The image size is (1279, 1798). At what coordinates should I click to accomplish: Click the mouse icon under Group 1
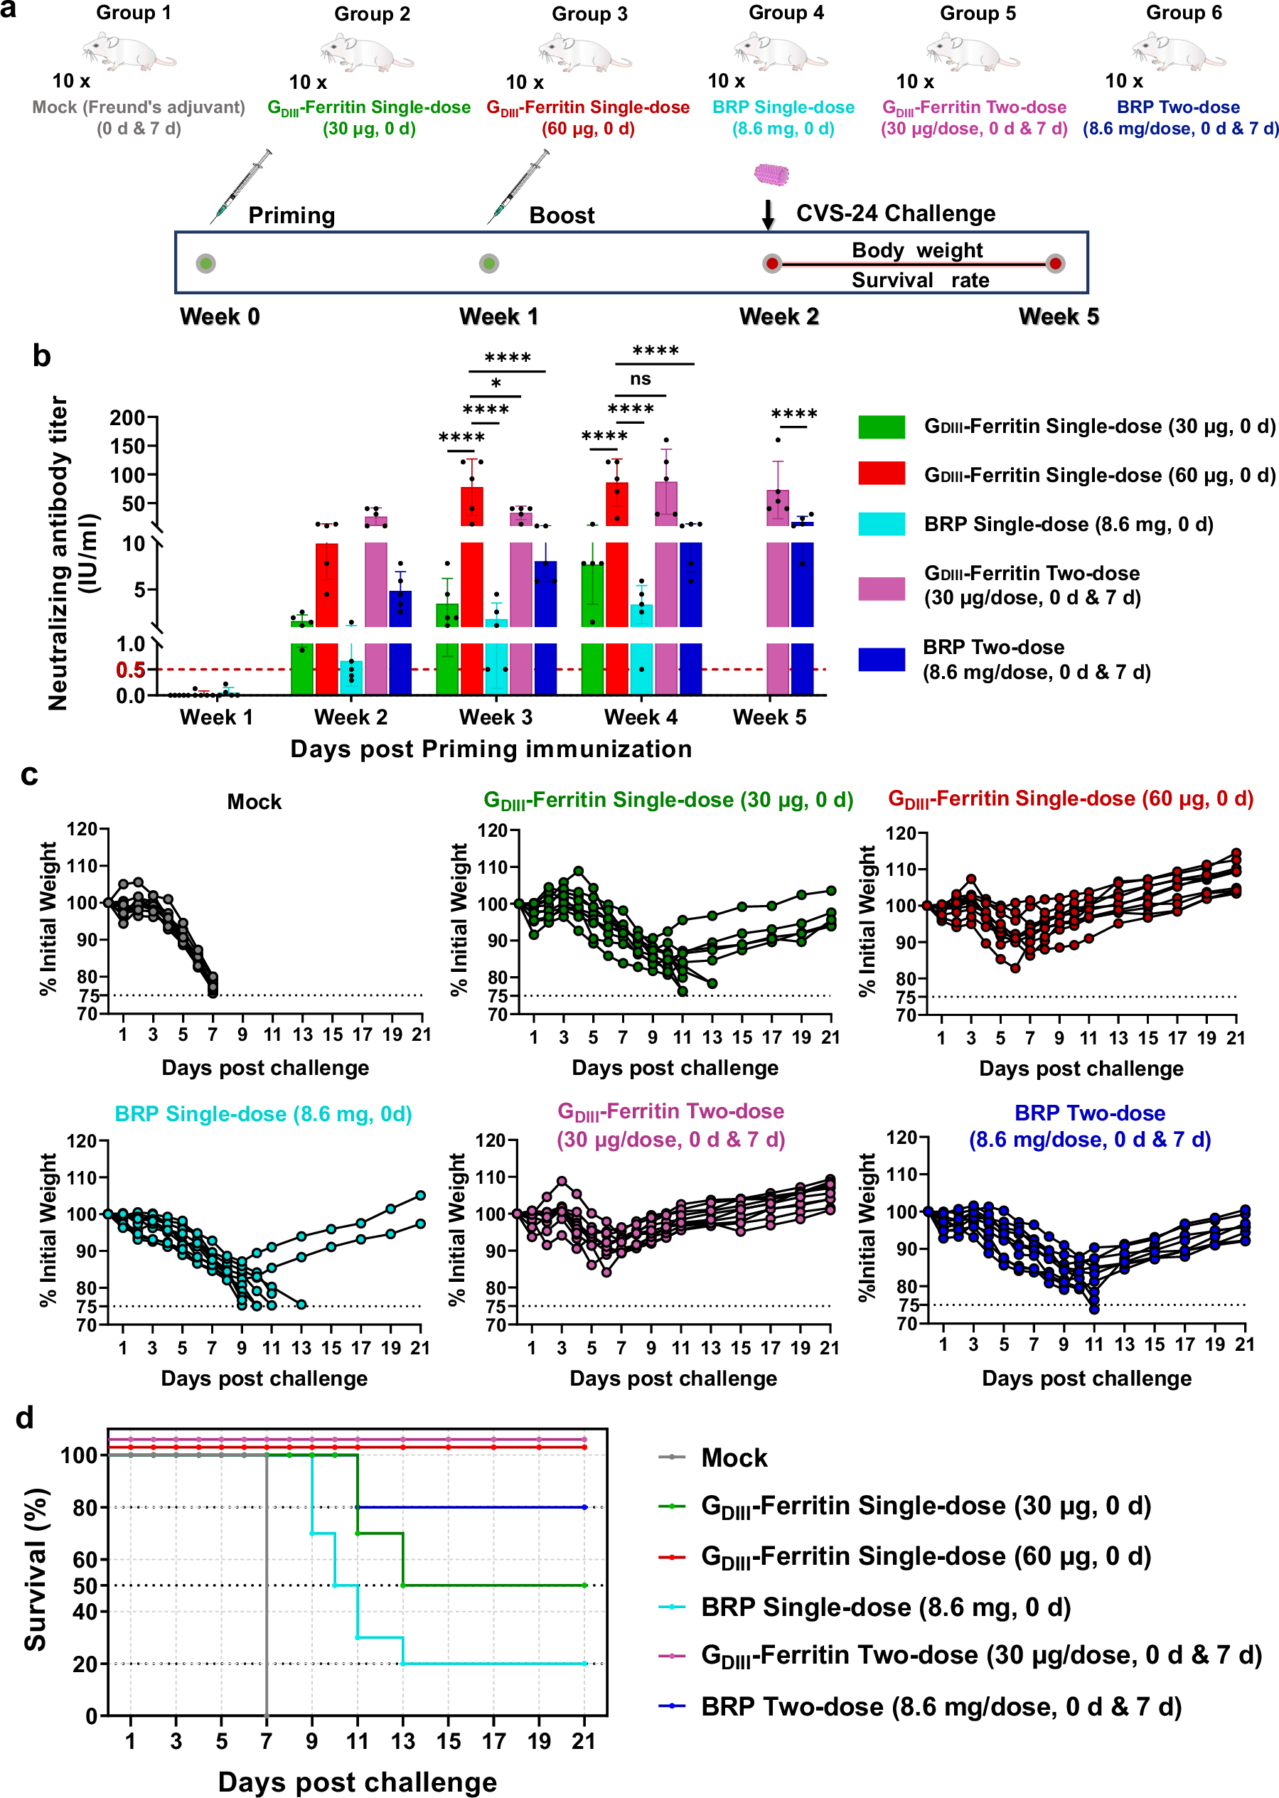point(129,51)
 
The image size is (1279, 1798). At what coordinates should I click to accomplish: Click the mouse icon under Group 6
point(1179,51)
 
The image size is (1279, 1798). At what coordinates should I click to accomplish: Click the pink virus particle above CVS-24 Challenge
point(771,174)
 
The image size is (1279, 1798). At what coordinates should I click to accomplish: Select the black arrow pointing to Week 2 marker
point(768,214)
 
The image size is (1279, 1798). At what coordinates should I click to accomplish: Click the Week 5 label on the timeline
point(1058,316)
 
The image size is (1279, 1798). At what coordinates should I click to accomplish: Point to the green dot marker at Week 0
point(205,264)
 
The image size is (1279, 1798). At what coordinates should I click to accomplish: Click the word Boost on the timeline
point(562,216)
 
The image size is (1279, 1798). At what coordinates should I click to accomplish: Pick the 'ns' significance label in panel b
point(641,379)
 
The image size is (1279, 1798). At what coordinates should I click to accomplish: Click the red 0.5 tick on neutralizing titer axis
point(130,670)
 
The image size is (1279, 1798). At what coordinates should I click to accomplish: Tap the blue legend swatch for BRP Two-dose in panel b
point(882,659)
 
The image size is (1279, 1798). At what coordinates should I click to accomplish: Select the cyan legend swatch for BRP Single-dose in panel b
point(882,524)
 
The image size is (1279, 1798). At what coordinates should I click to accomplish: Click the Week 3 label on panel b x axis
point(496,717)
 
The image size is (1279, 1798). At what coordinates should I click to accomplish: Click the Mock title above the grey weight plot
point(254,802)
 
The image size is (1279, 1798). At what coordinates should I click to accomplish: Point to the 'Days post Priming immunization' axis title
point(491,749)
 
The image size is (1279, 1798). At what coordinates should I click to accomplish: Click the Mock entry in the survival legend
point(733,1457)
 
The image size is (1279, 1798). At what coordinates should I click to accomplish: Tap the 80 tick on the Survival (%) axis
point(85,1507)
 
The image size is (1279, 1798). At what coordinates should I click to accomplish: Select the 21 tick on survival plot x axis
point(584,1740)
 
